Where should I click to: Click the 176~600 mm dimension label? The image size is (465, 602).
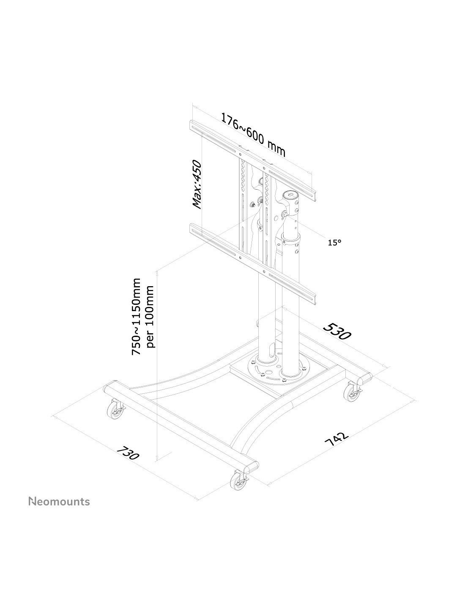pyautogui.click(x=252, y=135)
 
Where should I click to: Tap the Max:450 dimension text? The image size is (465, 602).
pyautogui.click(x=197, y=184)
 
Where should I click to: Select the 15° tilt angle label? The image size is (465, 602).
pyautogui.click(x=334, y=243)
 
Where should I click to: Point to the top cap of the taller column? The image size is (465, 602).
pyautogui.click(x=290, y=194)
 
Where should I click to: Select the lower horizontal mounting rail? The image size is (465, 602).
pyautogui.click(x=252, y=263)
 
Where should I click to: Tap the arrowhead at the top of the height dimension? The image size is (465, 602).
pyautogui.click(x=157, y=273)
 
